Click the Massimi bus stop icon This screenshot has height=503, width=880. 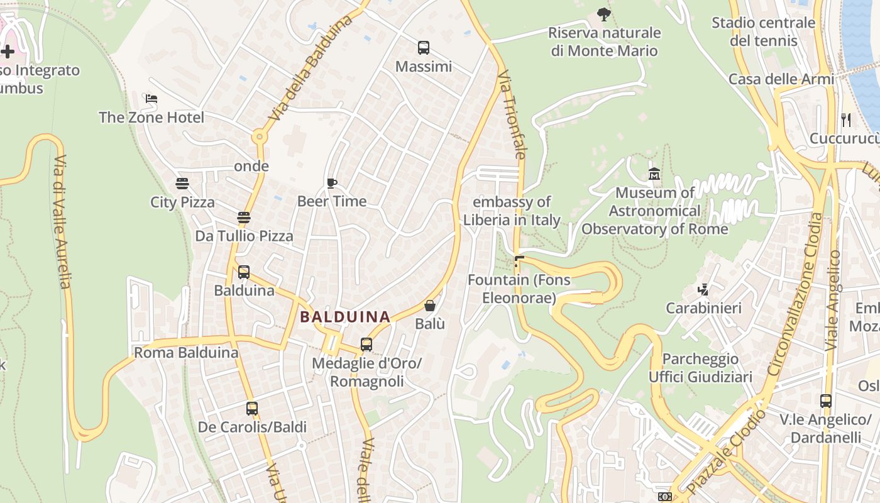click(x=424, y=47)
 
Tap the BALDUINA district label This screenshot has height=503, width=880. click(x=345, y=317)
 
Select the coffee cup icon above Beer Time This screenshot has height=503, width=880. click(x=332, y=183)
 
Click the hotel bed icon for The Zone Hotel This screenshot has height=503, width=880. click(x=151, y=99)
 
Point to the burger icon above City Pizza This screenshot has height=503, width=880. click(x=182, y=184)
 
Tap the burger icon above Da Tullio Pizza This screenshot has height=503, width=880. click(x=244, y=218)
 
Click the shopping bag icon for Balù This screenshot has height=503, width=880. click(x=430, y=306)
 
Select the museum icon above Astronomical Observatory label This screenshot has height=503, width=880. click(x=654, y=174)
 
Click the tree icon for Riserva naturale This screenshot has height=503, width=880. click(x=604, y=14)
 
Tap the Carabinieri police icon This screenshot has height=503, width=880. click(x=703, y=289)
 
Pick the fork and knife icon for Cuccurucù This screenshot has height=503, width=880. click(x=845, y=119)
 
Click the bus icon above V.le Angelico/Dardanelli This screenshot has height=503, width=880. click(x=826, y=401)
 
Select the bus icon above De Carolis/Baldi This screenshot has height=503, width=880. click(x=252, y=408)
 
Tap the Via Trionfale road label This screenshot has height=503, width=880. click(x=511, y=114)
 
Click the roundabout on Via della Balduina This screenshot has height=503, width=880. click(x=258, y=136)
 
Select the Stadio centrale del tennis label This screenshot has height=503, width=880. click(x=763, y=31)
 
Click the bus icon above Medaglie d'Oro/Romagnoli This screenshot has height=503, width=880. click(x=366, y=345)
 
